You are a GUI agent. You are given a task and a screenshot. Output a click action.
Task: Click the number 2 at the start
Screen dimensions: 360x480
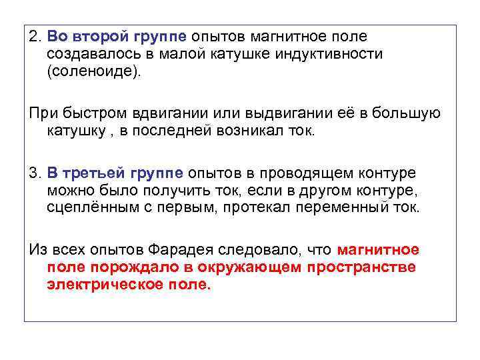tap(33, 37)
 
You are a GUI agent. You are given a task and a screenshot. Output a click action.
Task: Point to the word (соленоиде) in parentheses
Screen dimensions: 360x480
tap(93, 71)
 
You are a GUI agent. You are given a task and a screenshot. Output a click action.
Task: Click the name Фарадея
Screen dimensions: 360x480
tap(169, 250)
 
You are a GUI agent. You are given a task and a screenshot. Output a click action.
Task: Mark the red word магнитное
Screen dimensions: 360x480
tap(379, 250)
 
